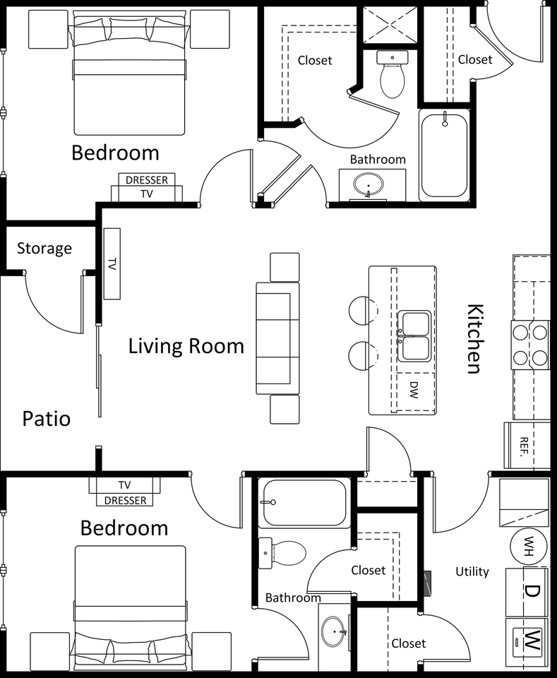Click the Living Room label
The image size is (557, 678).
click(x=186, y=346)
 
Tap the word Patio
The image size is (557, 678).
click(x=46, y=418)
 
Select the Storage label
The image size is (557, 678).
click(x=44, y=249)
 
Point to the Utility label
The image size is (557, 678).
click(x=472, y=571)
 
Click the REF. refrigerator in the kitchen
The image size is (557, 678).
click(x=526, y=444)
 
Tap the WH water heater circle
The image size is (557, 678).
click(x=529, y=546)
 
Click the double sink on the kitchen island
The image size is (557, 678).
click(x=414, y=337)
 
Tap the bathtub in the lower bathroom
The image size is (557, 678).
click(x=303, y=503)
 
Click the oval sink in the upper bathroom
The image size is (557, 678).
click(x=369, y=186)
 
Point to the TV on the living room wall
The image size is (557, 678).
click(x=112, y=263)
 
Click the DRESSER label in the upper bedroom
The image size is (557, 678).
click(x=147, y=179)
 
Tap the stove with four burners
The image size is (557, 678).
click(x=530, y=345)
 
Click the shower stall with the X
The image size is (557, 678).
click(x=390, y=25)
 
